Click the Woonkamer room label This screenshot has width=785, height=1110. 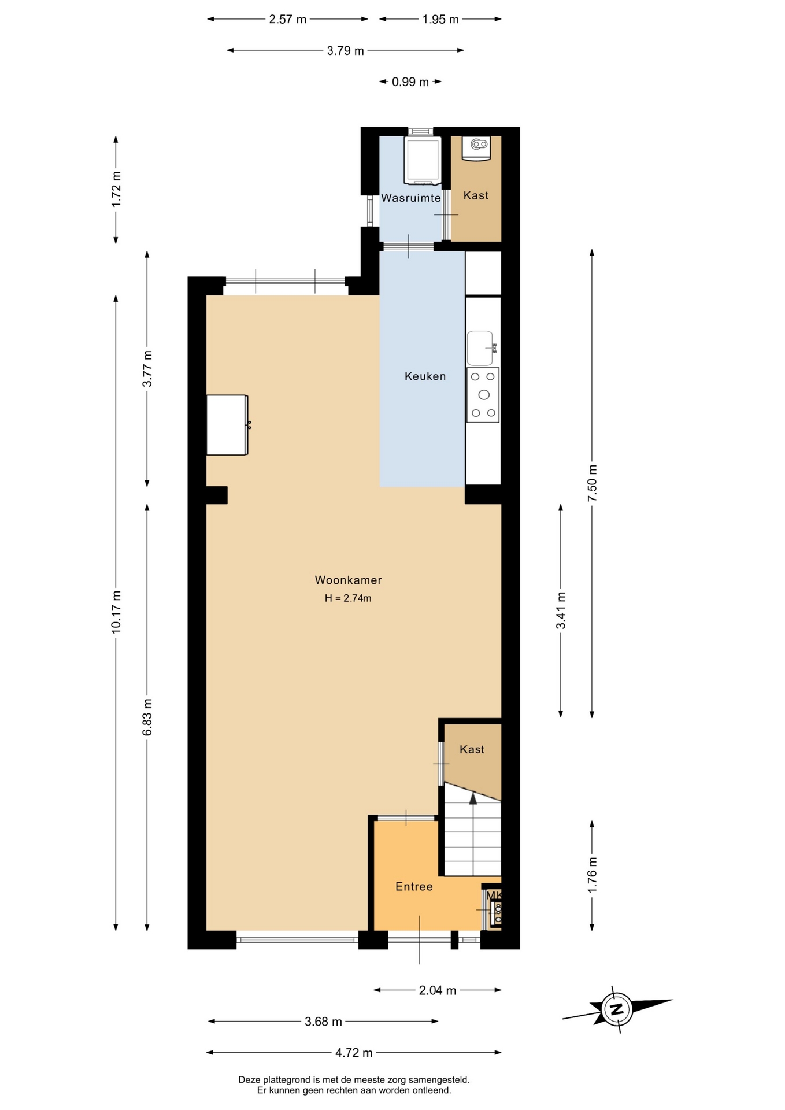348,580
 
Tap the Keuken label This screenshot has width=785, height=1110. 425,376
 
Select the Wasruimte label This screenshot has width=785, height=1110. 410,198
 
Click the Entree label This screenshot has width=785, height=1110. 414,886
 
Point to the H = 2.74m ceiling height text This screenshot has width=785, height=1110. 348,598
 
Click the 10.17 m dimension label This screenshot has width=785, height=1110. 116,612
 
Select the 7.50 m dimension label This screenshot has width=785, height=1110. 592,483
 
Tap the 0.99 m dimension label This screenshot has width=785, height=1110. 410,82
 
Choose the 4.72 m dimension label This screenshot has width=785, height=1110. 354,1053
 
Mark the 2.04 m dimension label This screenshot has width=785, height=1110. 438,990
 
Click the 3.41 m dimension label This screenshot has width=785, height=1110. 561,610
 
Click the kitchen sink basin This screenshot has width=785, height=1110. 480,348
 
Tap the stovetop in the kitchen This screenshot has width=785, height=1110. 483,395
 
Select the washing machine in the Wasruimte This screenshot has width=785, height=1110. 423,161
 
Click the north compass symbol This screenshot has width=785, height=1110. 617,1009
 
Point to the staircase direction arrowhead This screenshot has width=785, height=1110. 473,798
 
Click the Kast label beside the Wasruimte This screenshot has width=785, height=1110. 476,195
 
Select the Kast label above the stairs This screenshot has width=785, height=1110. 472,749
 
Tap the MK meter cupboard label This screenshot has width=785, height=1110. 494,896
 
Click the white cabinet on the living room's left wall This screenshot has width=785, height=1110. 228,425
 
